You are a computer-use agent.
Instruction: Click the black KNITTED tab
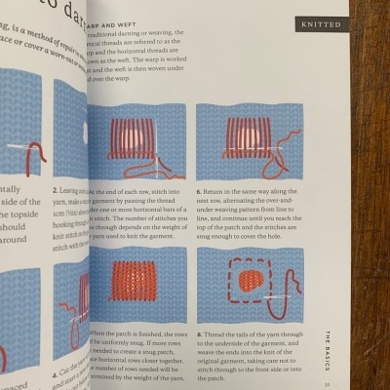(321, 22)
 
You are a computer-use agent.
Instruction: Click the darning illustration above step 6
(249, 142)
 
